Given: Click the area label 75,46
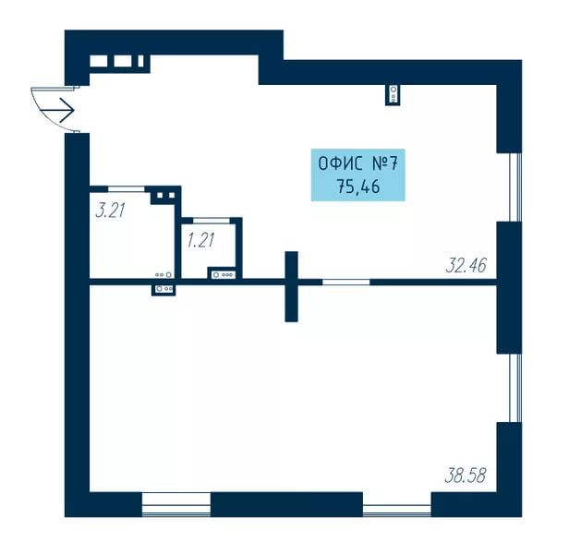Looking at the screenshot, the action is [x=358, y=187].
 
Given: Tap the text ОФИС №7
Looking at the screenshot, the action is [x=358, y=163].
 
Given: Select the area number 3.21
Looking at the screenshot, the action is [x=110, y=211].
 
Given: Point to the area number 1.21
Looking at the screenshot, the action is [x=201, y=241].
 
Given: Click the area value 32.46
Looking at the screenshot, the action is [x=466, y=265].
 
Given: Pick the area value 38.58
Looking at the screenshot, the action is [x=466, y=475].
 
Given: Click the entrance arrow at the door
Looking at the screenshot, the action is [x=57, y=110].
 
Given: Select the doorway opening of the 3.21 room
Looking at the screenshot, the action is [x=127, y=189].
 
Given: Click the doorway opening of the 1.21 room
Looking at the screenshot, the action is [x=212, y=221].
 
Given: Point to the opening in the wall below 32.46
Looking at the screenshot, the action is [x=346, y=283].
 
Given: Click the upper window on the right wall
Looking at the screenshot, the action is [x=515, y=187].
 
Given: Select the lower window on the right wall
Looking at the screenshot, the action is [x=515, y=388].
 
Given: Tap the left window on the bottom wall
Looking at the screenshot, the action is [x=176, y=504].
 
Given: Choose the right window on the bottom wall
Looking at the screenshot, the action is [x=397, y=504].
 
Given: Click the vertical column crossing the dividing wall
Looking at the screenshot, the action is [x=291, y=286].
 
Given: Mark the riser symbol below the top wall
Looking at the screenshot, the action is [x=393, y=94].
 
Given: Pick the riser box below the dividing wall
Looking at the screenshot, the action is [x=163, y=289].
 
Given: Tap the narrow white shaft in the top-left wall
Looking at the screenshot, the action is [x=140, y=61].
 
